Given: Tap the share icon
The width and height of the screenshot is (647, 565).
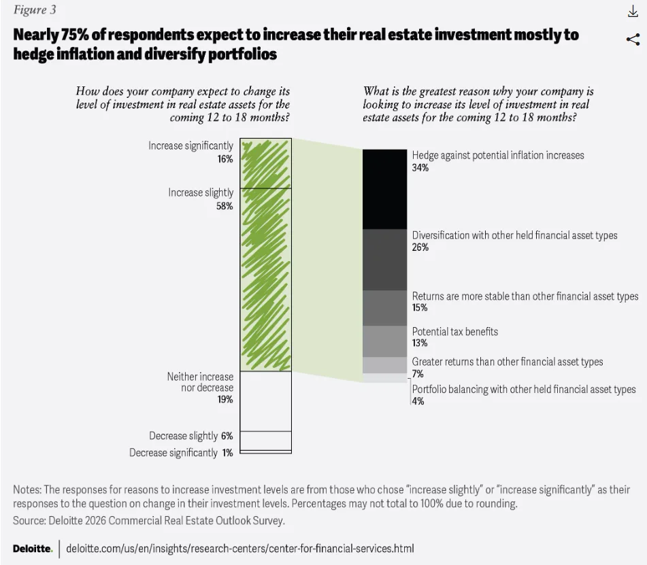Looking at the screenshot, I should pyautogui.click(x=633, y=39).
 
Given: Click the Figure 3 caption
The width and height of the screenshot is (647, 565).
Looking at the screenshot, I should pyautogui.click(x=35, y=10).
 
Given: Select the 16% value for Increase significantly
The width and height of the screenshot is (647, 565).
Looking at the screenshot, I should pyautogui.click(x=225, y=159).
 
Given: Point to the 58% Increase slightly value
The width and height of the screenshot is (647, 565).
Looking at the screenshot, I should pyautogui.click(x=225, y=206).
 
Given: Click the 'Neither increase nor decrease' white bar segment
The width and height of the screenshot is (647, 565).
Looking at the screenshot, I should pyautogui.click(x=266, y=400).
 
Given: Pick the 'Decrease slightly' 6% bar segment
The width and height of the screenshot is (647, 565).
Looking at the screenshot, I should pyautogui.click(x=266, y=440).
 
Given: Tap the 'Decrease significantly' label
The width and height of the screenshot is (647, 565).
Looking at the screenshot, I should pyautogui.click(x=173, y=453).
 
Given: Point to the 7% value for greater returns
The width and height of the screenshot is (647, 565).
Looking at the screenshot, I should pyautogui.click(x=418, y=373).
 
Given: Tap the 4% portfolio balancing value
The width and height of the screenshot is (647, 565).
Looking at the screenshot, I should pyautogui.click(x=418, y=401).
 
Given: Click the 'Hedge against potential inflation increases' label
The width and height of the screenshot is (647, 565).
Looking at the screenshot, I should pyautogui.click(x=498, y=155).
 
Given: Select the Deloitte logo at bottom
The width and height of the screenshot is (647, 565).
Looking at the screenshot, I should pyautogui.click(x=32, y=549).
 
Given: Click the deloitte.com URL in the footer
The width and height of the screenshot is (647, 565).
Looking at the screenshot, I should pyautogui.click(x=239, y=548).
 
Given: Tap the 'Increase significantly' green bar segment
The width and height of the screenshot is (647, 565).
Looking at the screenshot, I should pyautogui.click(x=266, y=163).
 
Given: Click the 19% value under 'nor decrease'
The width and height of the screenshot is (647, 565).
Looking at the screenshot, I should pyautogui.click(x=225, y=399).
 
